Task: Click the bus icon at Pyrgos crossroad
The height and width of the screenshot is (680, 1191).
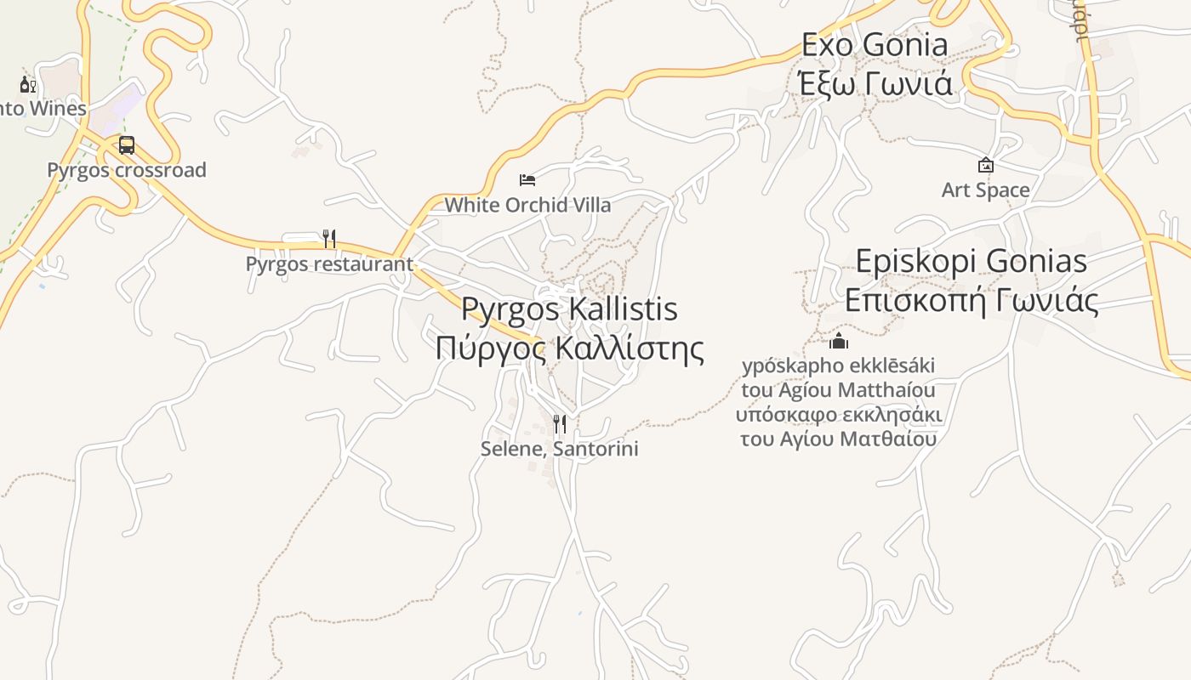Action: point(127,145)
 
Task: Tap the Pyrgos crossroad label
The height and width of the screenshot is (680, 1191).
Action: point(127,170)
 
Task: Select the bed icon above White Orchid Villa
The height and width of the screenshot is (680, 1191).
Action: point(527,180)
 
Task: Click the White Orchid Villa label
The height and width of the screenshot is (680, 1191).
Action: point(527,205)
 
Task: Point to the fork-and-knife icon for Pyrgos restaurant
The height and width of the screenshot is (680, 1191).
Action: point(329,239)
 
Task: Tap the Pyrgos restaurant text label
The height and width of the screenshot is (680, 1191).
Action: point(329,263)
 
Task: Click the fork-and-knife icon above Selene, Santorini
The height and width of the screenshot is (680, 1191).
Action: point(559,423)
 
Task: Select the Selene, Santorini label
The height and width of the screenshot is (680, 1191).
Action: point(559,449)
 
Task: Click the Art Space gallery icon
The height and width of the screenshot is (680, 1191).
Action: point(986,165)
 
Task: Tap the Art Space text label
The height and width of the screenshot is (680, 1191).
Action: point(986,190)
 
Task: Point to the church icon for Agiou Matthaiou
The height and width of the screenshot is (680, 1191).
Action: point(839,342)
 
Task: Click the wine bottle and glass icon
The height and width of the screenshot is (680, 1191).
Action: point(28,84)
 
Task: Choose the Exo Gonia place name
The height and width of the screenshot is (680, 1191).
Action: point(875,45)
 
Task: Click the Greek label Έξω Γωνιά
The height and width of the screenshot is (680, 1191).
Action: point(875,83)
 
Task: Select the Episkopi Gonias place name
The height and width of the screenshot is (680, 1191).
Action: point(971,261)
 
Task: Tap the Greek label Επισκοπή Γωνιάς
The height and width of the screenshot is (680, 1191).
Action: point(971,300)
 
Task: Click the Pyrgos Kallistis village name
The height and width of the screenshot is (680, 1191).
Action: point(569,309)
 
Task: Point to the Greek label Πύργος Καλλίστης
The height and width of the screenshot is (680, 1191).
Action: point(569,348)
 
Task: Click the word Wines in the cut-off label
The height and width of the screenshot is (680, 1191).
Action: point(58,109)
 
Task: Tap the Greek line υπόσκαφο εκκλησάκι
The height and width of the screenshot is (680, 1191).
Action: point(839,415)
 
